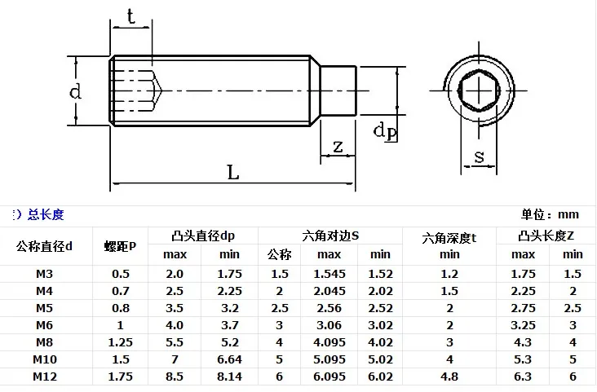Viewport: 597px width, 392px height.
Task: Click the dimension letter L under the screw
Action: click(x=233, y=173)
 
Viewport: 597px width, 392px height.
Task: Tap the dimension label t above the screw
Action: click(x=131, y=17)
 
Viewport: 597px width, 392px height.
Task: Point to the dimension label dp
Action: click(x=385, y=132)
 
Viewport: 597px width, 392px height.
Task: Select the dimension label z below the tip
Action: click(x=338, y=147)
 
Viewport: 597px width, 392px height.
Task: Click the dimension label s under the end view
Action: click(x=479, y=156)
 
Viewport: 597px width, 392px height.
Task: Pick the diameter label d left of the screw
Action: click(x=75, y=91)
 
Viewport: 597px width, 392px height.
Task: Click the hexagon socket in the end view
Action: click(x=479, y=91)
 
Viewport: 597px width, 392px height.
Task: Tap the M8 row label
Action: click(x=44, y=342)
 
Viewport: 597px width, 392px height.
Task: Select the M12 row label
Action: click(x=45, y=377)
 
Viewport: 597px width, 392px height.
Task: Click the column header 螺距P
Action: click(x=120, y=247)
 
